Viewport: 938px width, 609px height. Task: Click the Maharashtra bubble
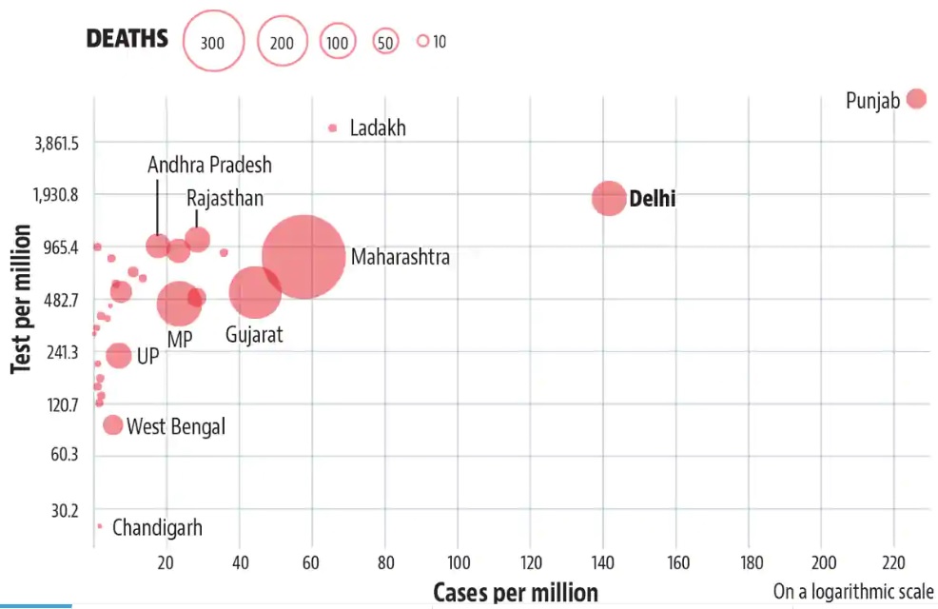(x=303, y=256)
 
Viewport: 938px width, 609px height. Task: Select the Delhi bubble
(x=609, y=198)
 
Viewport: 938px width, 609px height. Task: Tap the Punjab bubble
(x=916, y=98)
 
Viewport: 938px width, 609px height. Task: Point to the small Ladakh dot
(x=333, y=128)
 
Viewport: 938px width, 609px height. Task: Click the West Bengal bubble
(x=112, y=424)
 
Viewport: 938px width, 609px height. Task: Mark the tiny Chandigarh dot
(x=99, y=525)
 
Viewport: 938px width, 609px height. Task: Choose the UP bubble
(x=118, y=355)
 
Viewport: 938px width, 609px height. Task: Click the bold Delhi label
(x=653, y=199)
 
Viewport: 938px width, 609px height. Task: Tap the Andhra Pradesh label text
(x=209, y=166)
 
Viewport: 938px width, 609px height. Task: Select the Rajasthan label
(x=225, y=198)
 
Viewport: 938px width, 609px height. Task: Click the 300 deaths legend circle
(x=213, y=41)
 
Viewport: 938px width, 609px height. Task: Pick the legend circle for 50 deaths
(x=384, y=42)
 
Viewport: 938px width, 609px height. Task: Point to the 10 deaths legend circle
(x=423, y=41)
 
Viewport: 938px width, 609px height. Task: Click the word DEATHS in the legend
(x=127, y=39)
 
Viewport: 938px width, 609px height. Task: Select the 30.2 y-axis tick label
(x=65, y=511)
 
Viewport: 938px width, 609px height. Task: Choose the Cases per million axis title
(x=516, y=592)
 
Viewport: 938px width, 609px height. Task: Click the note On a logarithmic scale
(x=853, y=591)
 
